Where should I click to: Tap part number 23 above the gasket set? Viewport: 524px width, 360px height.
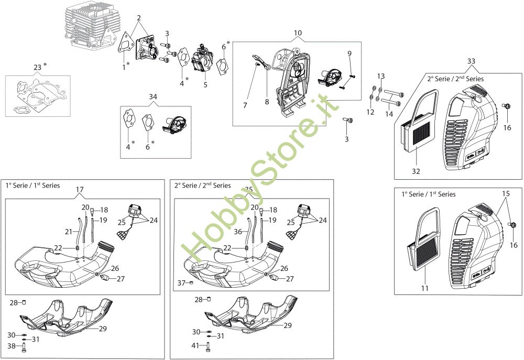37,67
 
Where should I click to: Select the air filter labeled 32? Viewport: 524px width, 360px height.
419,122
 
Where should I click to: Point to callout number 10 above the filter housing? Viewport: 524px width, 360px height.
298,33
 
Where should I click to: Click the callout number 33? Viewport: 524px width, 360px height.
471,61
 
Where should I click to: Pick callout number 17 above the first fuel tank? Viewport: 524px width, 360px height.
80,190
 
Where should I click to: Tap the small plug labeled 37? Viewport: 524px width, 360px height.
191,283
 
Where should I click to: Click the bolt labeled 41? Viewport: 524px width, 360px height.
208,346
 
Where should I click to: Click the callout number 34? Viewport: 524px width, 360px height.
152,96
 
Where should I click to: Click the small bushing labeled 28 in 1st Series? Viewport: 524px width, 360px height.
24,302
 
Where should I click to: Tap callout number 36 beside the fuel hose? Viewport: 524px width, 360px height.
237,232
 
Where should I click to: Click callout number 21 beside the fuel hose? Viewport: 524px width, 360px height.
69,232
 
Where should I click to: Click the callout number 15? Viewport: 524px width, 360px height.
506,193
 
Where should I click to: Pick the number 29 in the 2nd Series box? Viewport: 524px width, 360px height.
287,325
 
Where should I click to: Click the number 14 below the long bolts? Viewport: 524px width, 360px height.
389,114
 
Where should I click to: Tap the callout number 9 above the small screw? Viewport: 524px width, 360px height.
350,53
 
